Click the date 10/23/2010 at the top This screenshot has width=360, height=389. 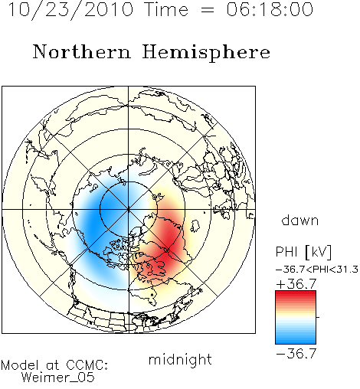[71, 9]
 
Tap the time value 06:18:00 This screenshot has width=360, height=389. [270, 9]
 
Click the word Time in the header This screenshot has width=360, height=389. [166, 9]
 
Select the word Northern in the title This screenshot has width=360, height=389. [82, 51]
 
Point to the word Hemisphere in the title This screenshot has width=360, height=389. [206, 53]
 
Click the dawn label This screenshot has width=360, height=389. [300, 220]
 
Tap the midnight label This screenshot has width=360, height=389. [180, 359]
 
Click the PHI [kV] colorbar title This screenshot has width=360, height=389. [303, 252]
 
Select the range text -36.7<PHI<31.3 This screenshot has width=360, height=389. [317, 270]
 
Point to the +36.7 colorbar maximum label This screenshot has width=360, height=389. [296, 284]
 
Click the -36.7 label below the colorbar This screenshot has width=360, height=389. [296, 354]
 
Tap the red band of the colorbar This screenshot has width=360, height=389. [296, 297]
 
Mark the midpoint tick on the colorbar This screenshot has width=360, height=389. [318, 317]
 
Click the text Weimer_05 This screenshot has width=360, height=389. [58, 378]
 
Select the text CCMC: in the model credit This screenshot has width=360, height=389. [87, 365]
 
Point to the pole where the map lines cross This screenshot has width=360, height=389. [129, 209]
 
